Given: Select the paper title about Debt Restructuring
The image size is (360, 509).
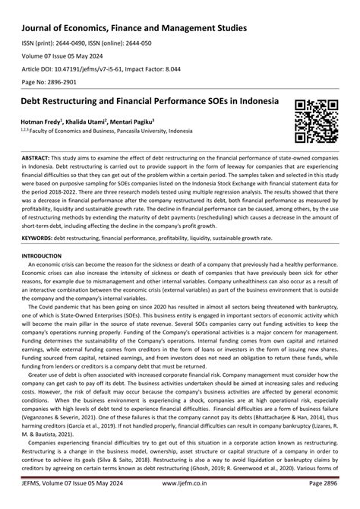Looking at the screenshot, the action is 145,101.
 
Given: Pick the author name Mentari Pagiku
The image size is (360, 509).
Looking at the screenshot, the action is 135,121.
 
